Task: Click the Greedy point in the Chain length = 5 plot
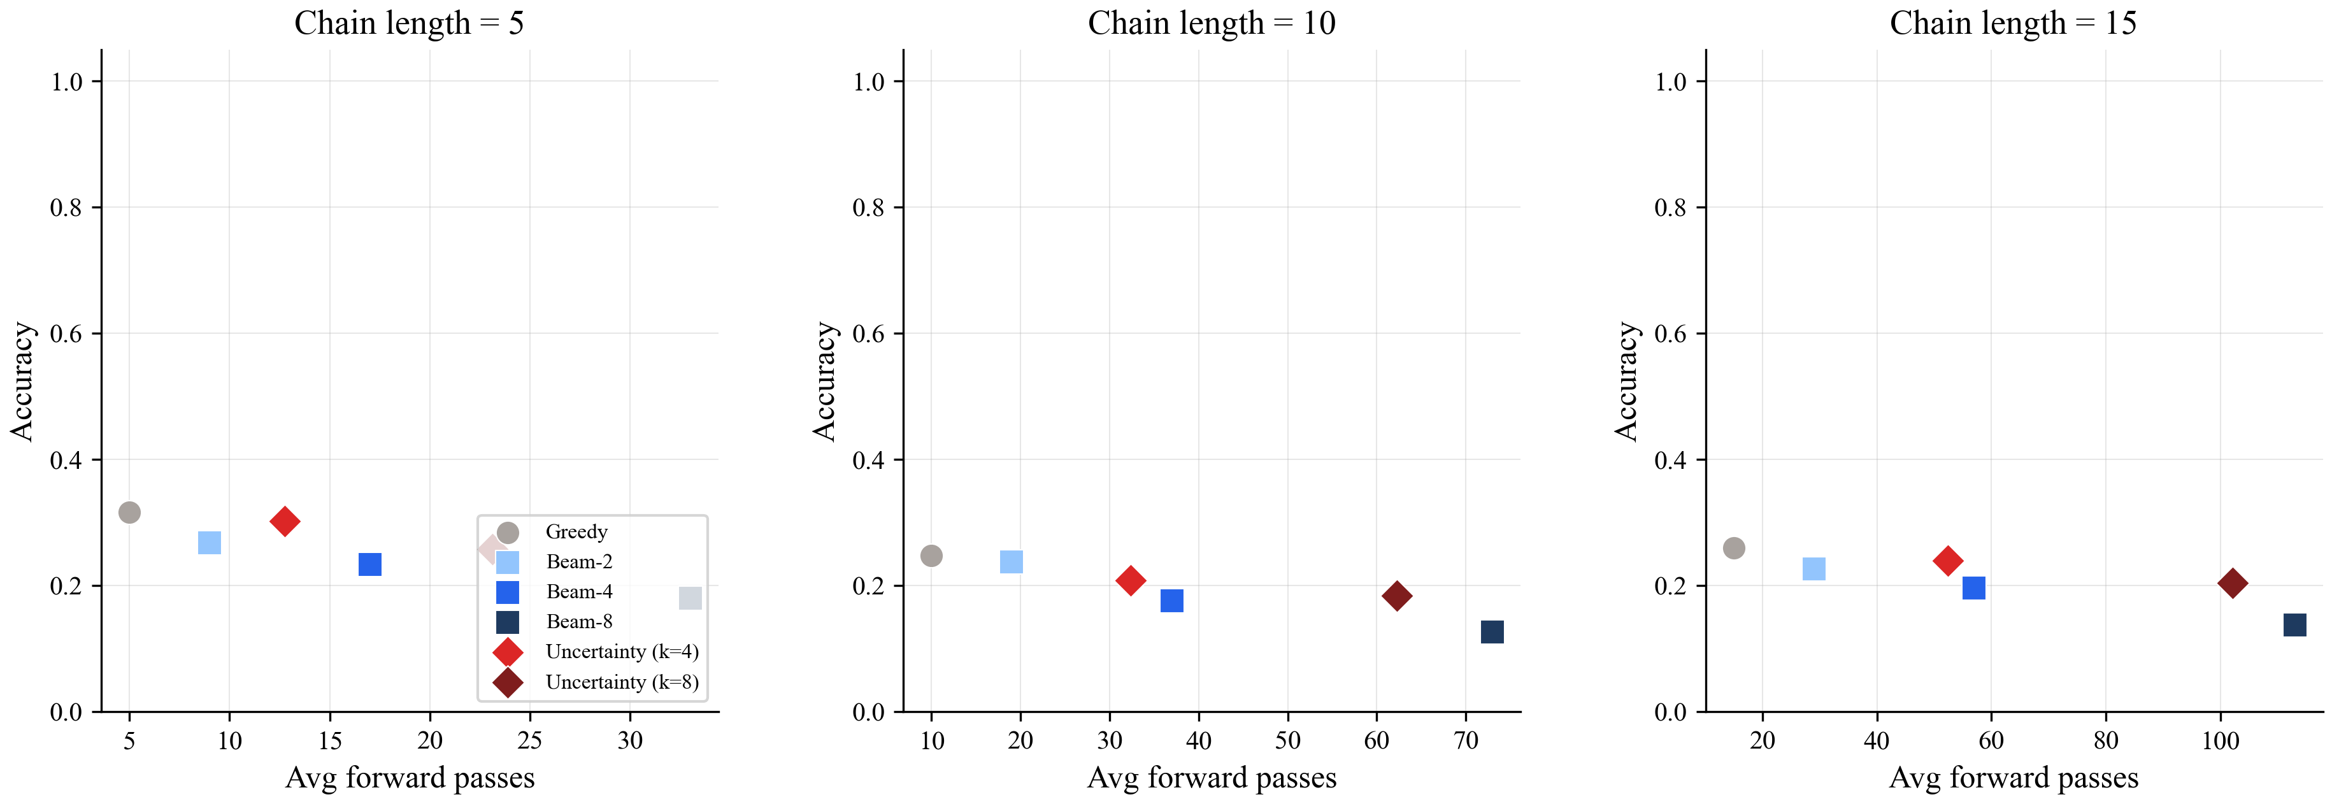coord(129,512)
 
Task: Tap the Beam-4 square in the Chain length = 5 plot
coord(369,564)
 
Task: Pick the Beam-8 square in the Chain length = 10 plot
coord(1492,631)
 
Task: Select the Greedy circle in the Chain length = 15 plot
coord(1734,548)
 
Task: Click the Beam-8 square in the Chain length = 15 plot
coord(2294,625)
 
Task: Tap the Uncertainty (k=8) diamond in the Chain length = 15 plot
coord(2233,583)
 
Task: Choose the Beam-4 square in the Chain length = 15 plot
coord(1973,587)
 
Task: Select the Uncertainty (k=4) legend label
coord(621,652)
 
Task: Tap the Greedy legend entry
coord(576,531)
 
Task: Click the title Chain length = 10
coord(1212,23)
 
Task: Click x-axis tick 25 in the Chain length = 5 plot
coord(529,741)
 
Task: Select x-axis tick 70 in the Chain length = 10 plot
coord(1466,741)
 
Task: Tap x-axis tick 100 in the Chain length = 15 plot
coord(2220,741)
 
